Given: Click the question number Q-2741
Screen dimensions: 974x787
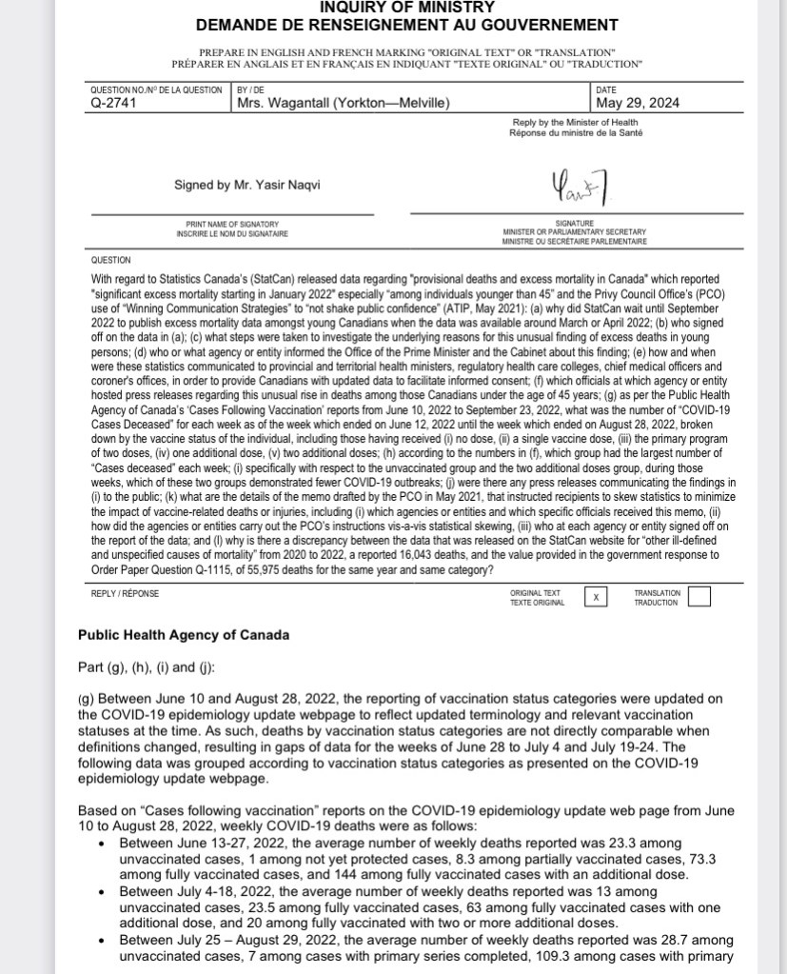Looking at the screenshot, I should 112,104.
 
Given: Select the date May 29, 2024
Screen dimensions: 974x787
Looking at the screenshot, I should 638,104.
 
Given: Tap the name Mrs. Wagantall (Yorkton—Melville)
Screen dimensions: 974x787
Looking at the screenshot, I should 343,104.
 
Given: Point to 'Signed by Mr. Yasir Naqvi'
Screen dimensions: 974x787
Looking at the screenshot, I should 247,185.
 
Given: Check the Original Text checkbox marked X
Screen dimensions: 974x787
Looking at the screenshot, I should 596,597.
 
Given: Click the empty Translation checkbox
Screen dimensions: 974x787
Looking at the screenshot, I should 698,597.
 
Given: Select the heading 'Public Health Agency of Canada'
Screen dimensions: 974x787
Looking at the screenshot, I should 184,635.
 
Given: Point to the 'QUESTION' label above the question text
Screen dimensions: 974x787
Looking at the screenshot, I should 111,260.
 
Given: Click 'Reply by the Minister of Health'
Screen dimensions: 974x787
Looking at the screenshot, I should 576,122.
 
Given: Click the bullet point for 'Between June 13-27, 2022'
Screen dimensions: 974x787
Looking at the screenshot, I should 103,844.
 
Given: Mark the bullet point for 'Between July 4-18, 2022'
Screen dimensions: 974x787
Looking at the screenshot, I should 103,891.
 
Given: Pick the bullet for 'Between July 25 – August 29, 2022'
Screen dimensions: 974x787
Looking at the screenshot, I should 103,940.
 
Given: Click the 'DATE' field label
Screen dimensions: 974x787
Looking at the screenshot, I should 605,89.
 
